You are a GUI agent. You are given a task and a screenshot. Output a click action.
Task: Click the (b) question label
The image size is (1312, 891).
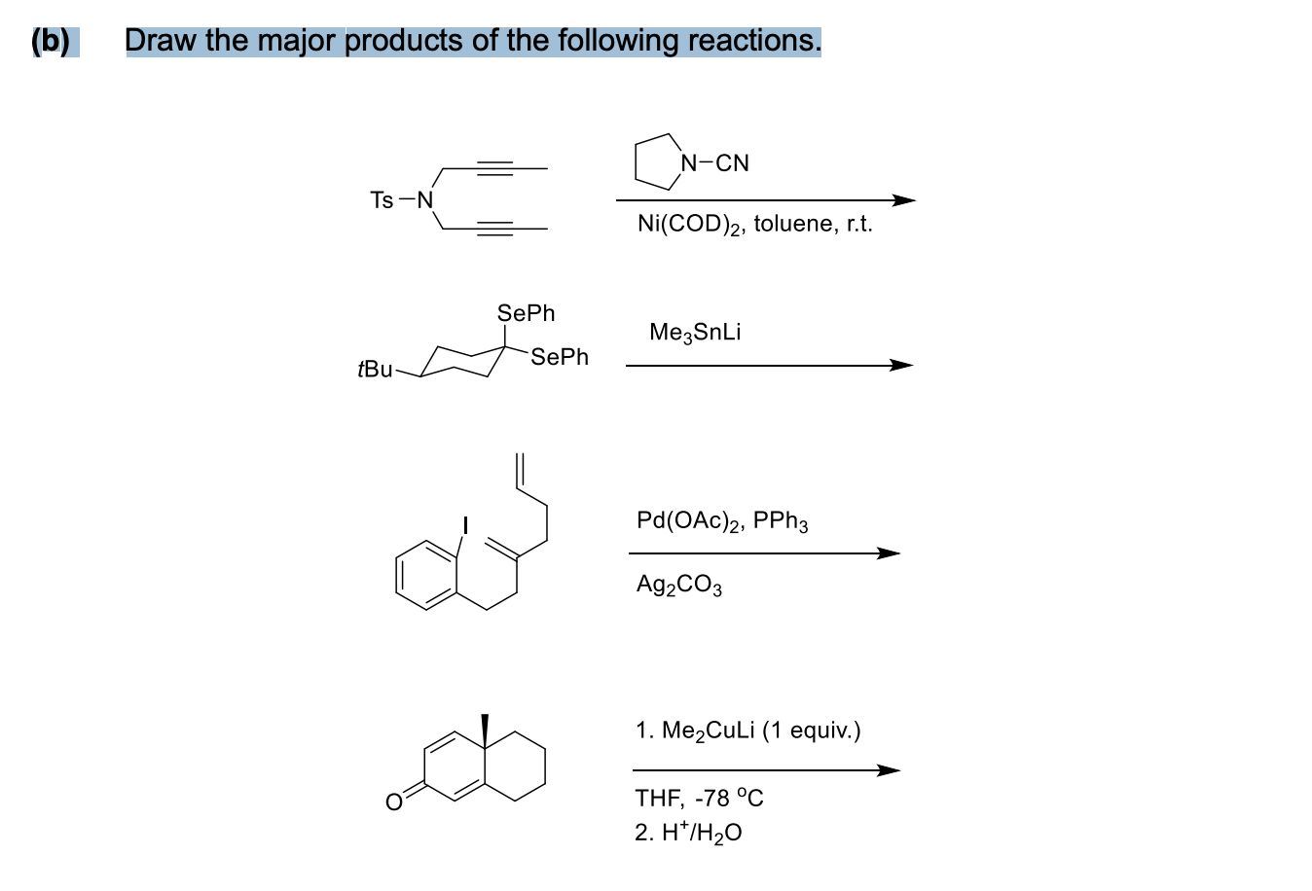(51, 41)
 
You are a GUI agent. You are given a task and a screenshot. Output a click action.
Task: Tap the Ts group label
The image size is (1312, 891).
(382, 200)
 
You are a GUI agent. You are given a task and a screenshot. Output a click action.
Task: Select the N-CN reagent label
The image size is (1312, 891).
(716, 162)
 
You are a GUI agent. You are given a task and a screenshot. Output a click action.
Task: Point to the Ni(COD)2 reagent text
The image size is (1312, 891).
(690, 225)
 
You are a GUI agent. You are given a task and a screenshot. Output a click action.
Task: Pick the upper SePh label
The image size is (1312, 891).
(526, 313)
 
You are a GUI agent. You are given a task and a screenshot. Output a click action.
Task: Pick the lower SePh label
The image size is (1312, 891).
(560, 357)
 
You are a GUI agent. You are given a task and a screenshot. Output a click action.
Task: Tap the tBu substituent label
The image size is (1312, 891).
(375, 370)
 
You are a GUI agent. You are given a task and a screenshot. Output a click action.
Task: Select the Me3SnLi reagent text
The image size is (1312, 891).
(694, 333)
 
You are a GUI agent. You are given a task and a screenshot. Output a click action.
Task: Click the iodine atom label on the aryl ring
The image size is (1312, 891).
(465, 526)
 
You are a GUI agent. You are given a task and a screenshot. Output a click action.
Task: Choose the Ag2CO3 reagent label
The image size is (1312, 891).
(678, 585)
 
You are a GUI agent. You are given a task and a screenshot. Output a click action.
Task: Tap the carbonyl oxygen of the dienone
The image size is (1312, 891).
(393, 802)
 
